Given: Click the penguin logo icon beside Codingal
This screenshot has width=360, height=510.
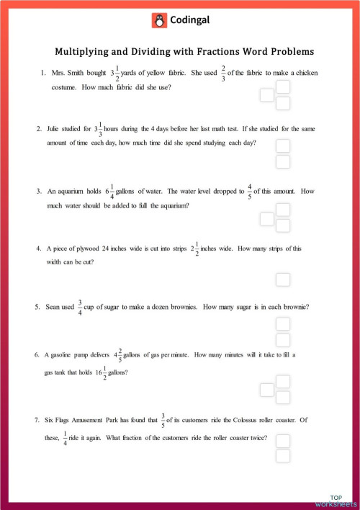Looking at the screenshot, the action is [x=159, y=21].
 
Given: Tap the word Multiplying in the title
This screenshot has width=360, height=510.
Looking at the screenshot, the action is [x=84, y=52].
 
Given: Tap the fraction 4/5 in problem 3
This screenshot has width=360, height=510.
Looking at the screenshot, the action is [x=250, y=192].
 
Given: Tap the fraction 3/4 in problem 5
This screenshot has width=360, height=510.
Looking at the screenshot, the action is [x=80, y=307].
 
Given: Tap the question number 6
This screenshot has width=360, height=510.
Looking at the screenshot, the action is [x=36, y=355].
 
